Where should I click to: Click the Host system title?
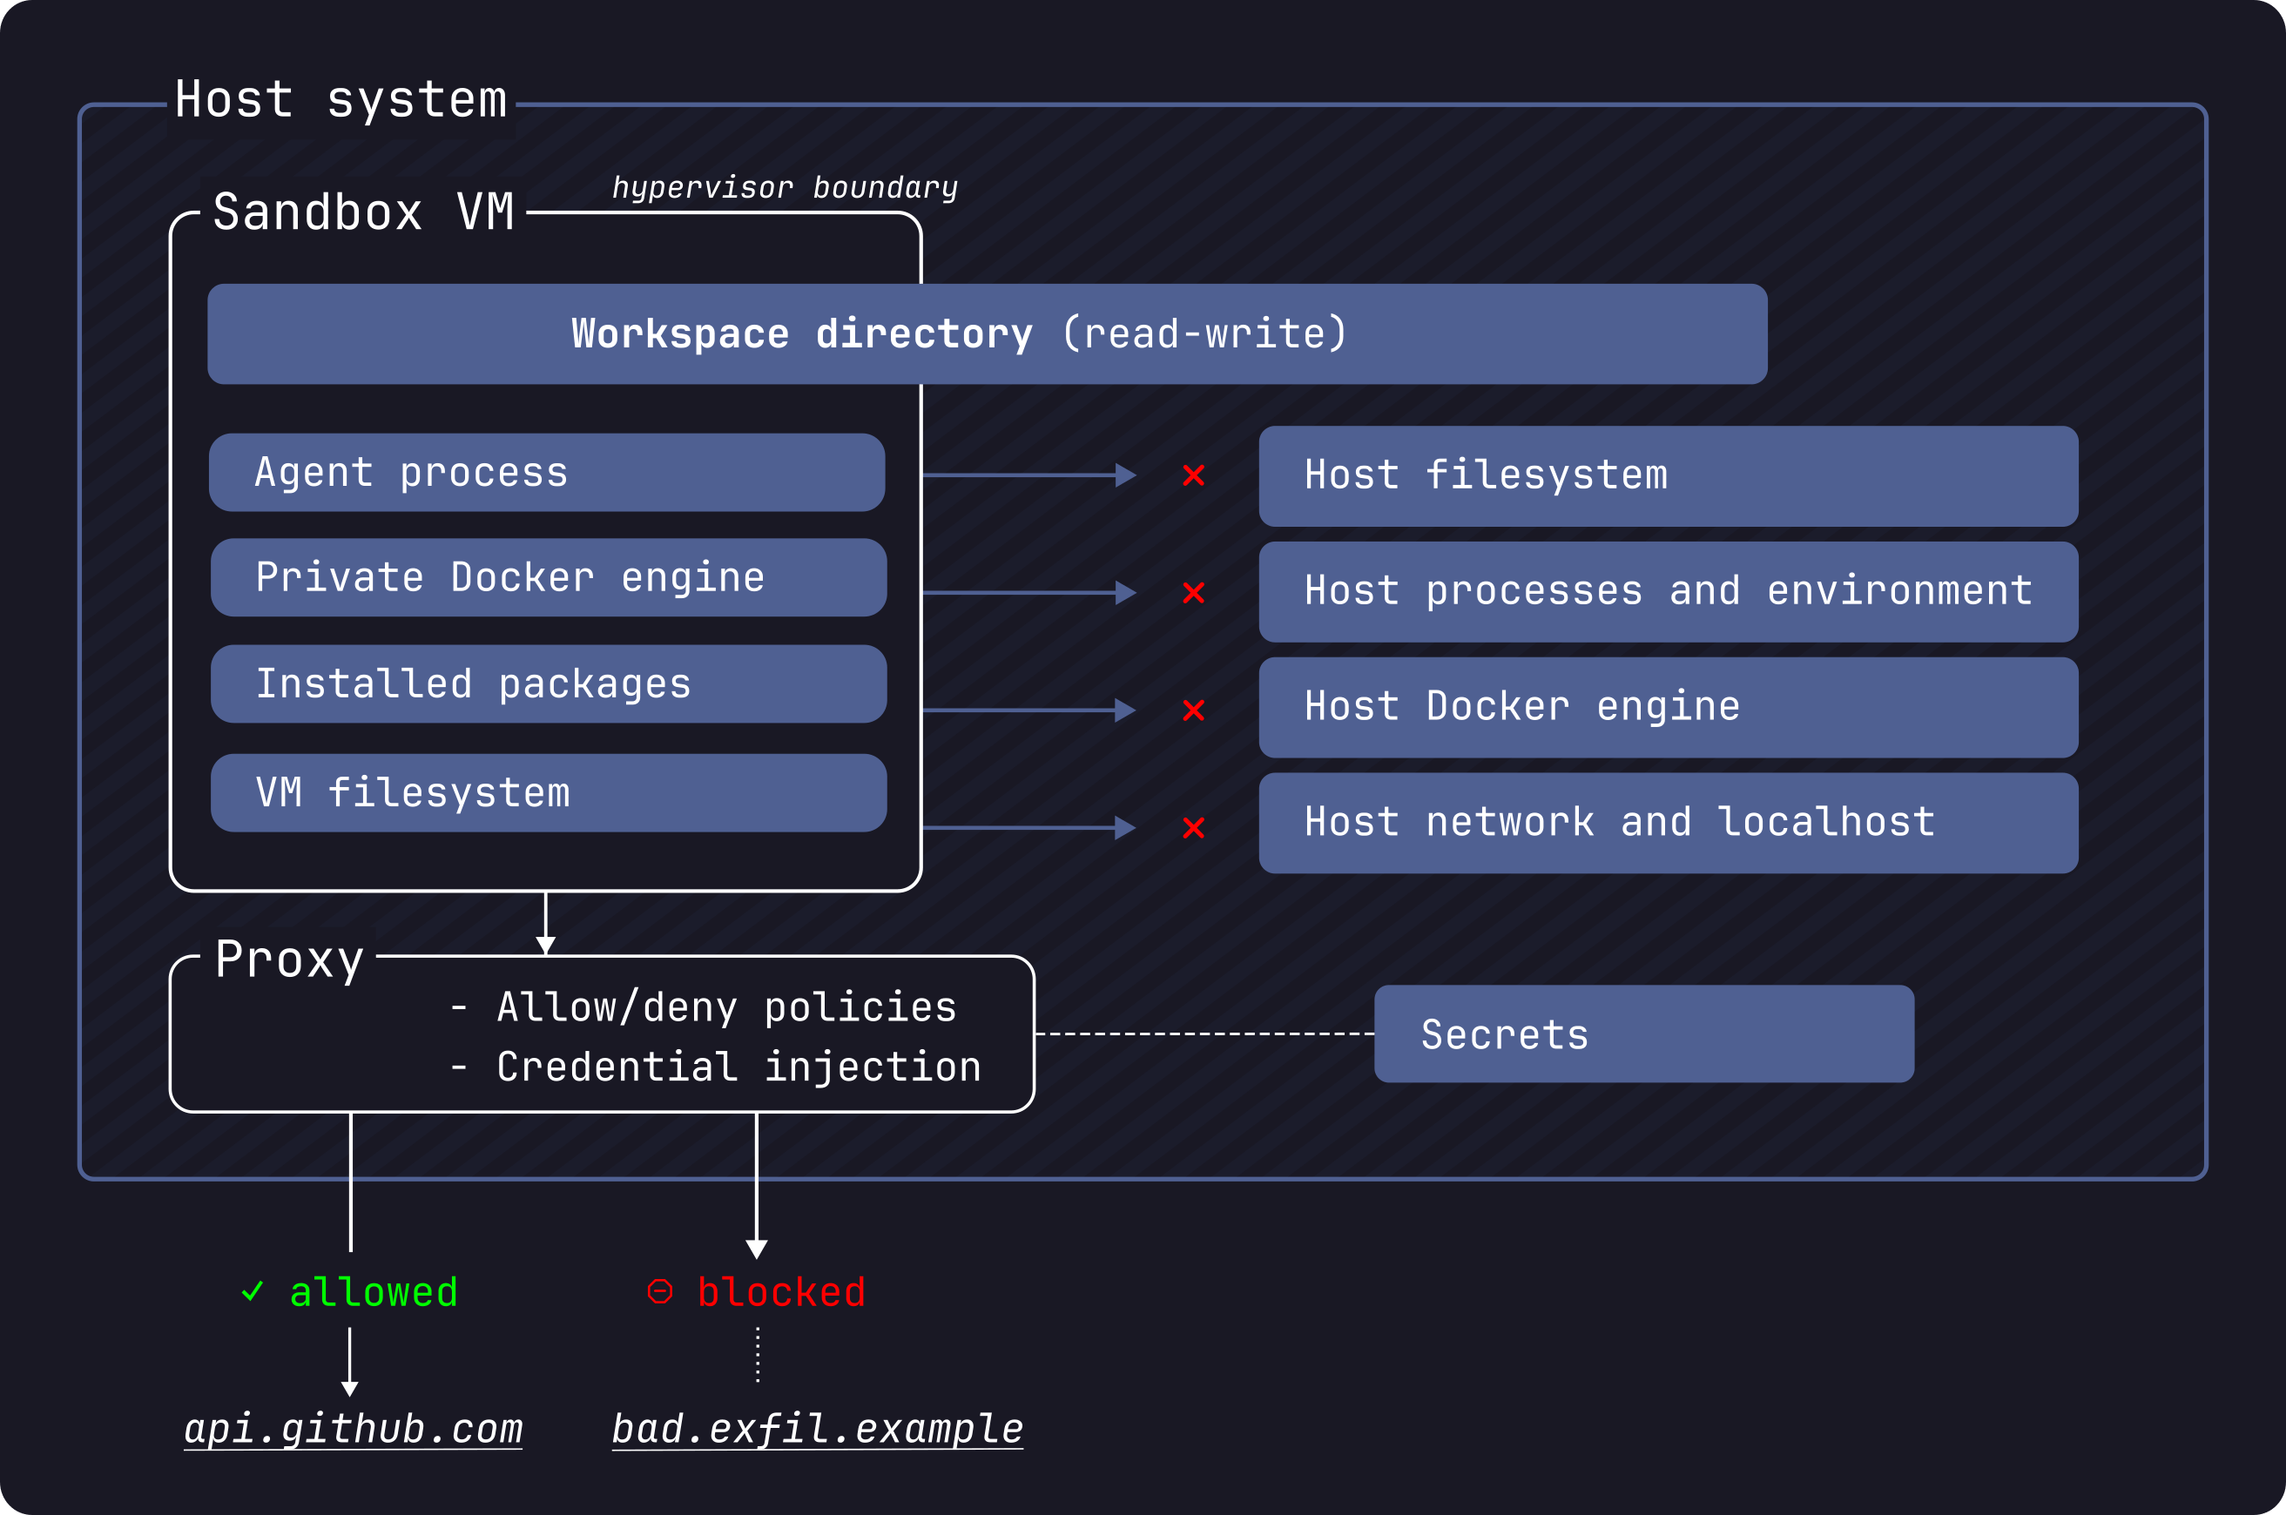click(341, 100)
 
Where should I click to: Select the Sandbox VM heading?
click(363, 212)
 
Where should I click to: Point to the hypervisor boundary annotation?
click(785, 187)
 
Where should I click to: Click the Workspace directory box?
click(987, 334)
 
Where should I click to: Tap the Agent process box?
click(547, 473)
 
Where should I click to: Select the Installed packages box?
click(548, 684)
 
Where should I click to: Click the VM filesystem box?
click(548, 793)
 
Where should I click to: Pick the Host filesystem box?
click(1668, 476)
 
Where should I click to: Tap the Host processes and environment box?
click(1668, 591)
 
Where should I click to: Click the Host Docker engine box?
click(1668, 707)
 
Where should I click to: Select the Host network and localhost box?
click(1668, 823)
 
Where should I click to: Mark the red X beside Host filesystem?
click(1193, 475)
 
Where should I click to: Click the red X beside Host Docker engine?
click(1193, 710)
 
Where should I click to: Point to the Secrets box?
click(1643, 1034)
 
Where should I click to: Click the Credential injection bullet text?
click(738, 1067)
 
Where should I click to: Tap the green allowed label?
click(372, 1293)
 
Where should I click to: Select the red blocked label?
click(779, 1293)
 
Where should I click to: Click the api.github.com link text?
click(354, 1429)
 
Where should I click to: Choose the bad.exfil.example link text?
click(818, 1429)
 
